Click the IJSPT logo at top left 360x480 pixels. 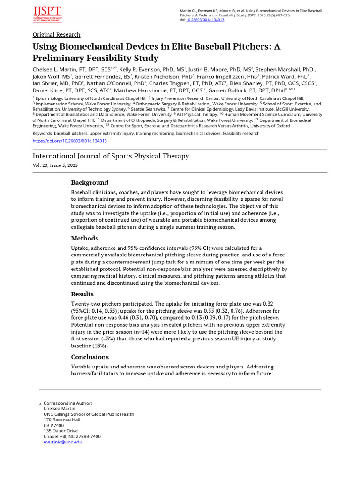[x=47, y=14]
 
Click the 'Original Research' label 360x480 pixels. [x=56, y=35]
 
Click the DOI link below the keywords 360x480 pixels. [x=69, y=141]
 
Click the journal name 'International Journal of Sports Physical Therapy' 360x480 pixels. [x=111, y=156]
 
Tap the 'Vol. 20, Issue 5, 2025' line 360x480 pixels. [x=55, y=166]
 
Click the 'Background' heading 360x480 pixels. [x=90, y=182]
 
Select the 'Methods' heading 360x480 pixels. [x=84, y=238]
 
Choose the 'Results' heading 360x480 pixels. [x=82, y=294]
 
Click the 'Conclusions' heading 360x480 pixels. [x=90, y=357]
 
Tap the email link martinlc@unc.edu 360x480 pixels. [x=63, y=442]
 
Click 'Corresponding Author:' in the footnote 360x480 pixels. [x=68, y=403]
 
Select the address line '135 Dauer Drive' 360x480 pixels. [x=60, y=431]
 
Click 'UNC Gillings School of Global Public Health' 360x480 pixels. [x=89, y=414]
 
